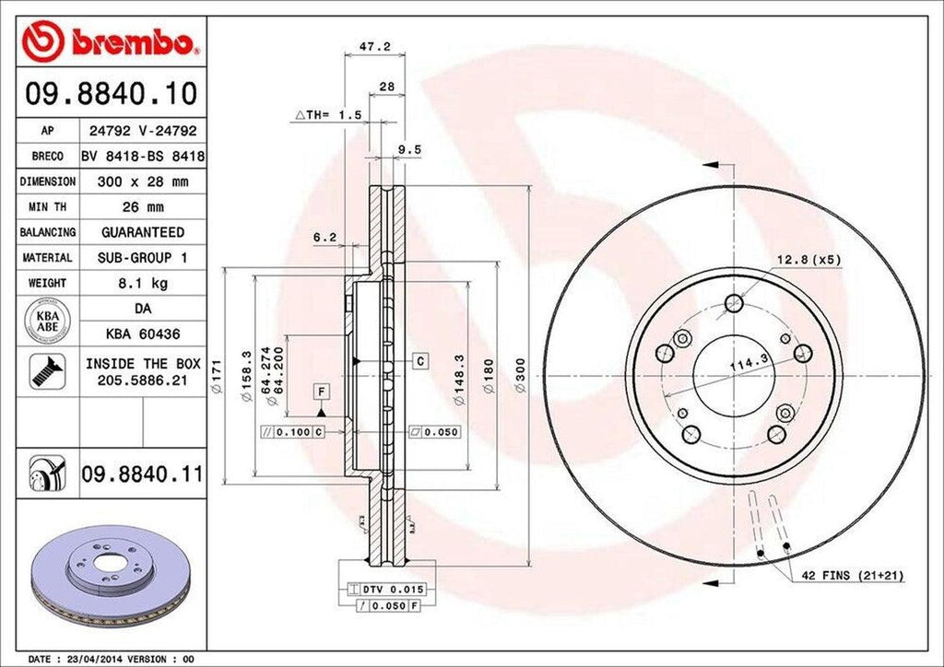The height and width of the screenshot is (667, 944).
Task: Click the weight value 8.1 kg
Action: tap(142, 283)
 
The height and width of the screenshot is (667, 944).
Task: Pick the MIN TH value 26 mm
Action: tap(142, 207)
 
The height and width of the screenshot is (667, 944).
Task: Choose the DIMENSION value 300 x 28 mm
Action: tap(142, 181)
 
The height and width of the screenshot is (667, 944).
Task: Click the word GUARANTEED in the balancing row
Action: tap(142, 232)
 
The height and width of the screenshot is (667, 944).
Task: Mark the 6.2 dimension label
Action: tap(324, 237)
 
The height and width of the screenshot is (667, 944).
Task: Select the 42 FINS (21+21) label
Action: tap(852, 576)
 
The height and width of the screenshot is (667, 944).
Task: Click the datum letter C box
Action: tap(419, 361)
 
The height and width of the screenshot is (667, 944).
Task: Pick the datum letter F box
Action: tap(322, 392)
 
